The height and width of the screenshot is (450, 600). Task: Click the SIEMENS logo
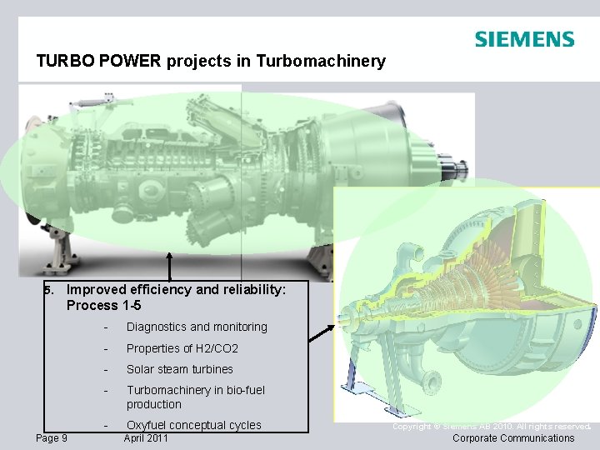524,39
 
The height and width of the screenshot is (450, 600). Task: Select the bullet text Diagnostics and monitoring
197,327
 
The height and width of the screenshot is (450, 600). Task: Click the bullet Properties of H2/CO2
182,348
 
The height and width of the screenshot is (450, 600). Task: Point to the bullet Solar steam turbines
179,369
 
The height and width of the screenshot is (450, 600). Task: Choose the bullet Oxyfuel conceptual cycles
193,425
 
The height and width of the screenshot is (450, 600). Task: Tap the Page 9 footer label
52,438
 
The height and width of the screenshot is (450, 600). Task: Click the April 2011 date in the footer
146,438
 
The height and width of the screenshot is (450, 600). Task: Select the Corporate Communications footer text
512,438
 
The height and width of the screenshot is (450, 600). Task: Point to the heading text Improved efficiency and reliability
176,290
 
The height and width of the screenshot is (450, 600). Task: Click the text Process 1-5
103,305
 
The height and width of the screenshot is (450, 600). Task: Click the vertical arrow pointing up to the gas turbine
170,267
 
